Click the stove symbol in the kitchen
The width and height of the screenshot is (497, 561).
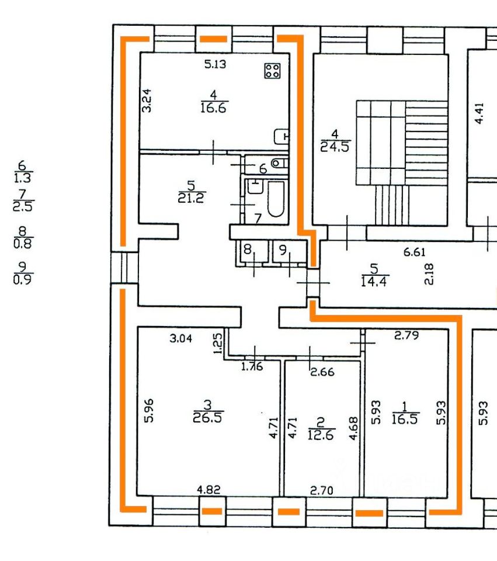272,71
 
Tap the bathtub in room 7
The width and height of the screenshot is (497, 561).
275,199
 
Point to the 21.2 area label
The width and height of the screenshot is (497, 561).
192,198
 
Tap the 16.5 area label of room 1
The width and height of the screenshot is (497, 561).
405,419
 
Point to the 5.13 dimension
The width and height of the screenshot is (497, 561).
216,65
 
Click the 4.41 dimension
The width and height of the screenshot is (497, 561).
479,113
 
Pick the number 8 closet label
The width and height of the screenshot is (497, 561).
248,250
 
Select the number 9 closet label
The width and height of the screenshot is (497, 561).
283,250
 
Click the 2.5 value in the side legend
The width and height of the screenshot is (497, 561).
23,206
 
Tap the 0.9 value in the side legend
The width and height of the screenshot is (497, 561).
23,279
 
